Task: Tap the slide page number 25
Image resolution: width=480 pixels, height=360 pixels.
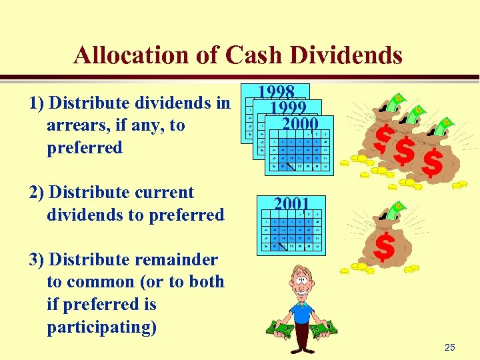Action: click(449, 347)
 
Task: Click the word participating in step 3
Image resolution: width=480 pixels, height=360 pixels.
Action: click(101, 327)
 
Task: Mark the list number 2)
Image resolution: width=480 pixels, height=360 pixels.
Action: click(37, 193)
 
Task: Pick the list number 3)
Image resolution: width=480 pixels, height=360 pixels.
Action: click(37, 259)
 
